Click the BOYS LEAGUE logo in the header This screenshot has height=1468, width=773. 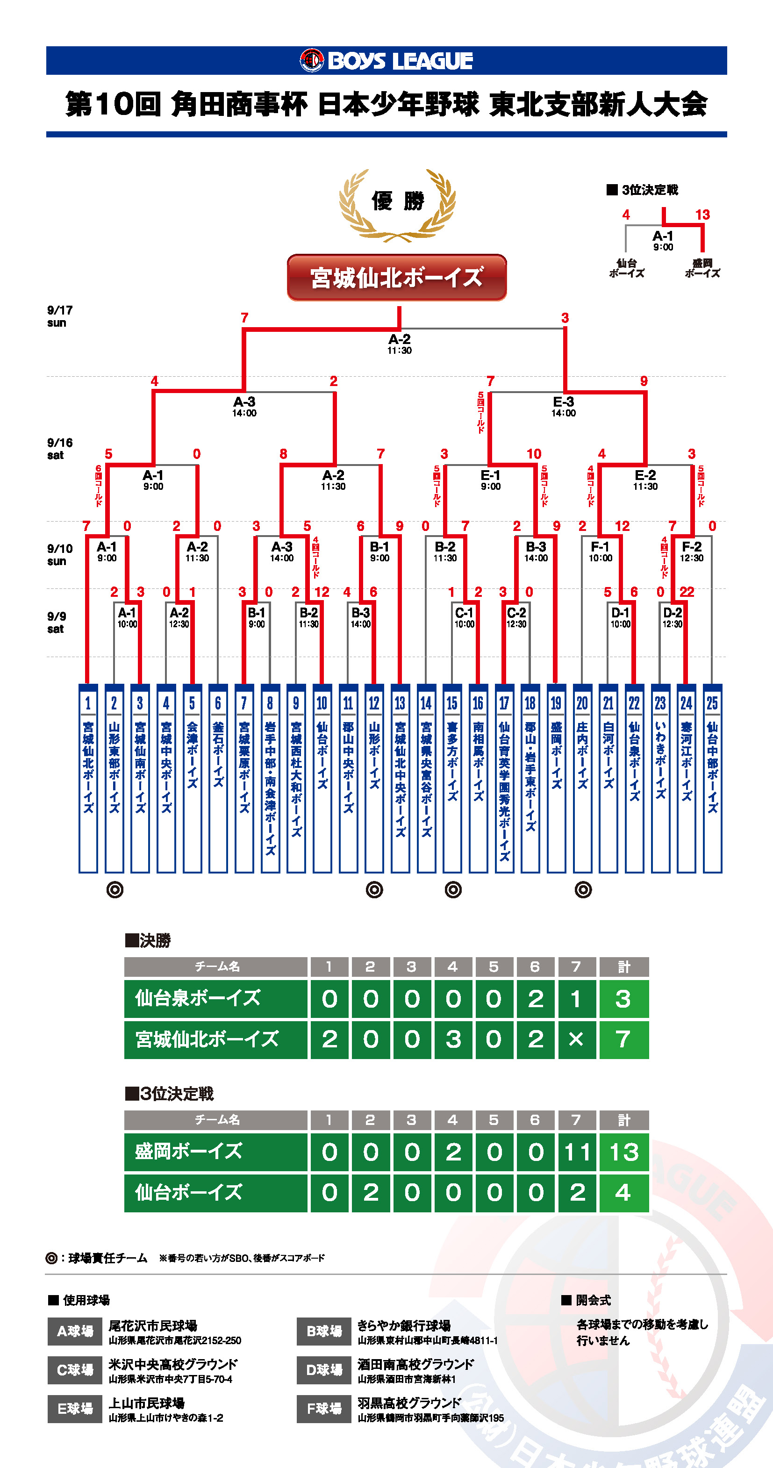[x=386, y=60]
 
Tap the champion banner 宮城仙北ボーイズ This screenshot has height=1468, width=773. [x=397, y=278]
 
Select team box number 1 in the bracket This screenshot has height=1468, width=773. [x=88, y=778]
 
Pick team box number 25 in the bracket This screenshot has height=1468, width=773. [x=712, y=778]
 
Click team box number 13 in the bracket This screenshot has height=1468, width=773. [x=400, y=778]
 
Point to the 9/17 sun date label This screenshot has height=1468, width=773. [x=60, y=316]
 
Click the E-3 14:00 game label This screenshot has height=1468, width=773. [x=563, y=406]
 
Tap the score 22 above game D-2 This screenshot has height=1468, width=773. [x=687, y=592]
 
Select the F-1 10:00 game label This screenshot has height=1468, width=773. [x=600, y=551]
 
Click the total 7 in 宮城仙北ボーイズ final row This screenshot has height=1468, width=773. [x=623, y=1039]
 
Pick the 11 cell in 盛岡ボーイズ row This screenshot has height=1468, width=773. [x=577, y=1152]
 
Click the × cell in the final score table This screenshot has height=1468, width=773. [x=576, y=1039]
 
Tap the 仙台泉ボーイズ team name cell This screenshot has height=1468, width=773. [x=215, y=998]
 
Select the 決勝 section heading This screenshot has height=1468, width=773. [x=148, y=940]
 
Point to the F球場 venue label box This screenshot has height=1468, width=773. [x=323, y=1409]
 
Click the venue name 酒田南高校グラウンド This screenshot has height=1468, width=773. [x=415, y=1364]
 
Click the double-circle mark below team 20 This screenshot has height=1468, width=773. [x=583, y=889]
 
